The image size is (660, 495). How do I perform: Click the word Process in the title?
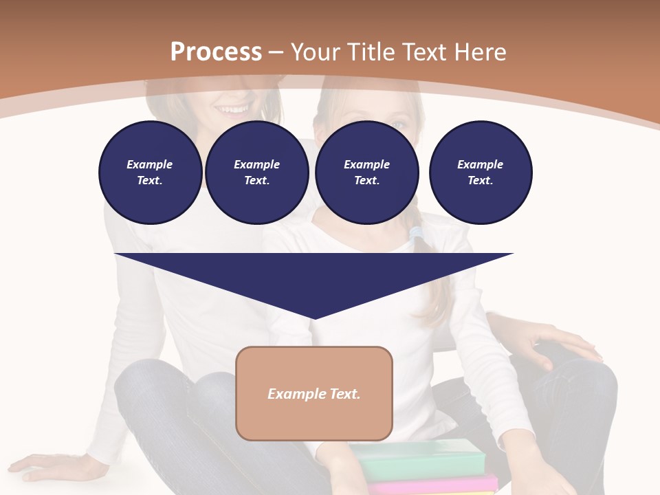(x=216, y=52)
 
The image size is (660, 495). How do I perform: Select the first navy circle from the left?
(x=150, y=173)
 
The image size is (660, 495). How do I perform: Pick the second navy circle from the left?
(x=257, y=173)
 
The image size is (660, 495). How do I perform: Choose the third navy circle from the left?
(x=367, y=173)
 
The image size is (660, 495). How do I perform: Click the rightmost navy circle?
(x=481, y=173)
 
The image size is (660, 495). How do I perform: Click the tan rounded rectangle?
(x=314, y=393)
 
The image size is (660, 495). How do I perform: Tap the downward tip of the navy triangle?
(x=314, y=316)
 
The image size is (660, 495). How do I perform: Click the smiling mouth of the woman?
(x=232, y=109)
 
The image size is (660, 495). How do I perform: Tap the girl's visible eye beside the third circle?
(x=401, y=124)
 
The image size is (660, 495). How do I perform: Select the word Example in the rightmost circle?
(x=480, y=164)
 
